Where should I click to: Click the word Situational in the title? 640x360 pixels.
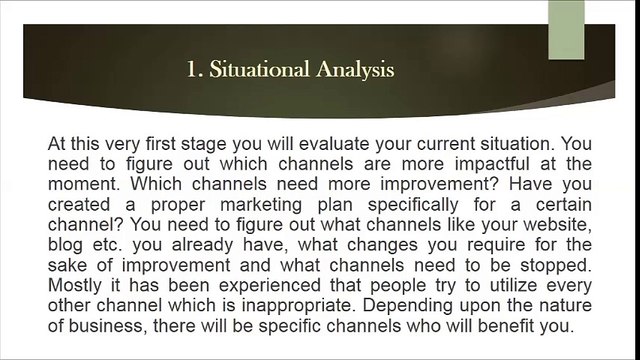point(259,69)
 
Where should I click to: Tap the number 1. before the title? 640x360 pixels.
point(195,69)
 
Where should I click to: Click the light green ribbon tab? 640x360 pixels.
point(566,30)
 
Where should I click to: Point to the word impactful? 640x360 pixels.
point(492,164)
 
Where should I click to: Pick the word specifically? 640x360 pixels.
point(413,205)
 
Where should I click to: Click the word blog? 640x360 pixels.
point(65,245)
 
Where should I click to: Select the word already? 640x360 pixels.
point(202,245)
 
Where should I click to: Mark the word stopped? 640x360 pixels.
point(556,266)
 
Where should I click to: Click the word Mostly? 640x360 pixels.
point(74,285)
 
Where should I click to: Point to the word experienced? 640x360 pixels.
point(270,286)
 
